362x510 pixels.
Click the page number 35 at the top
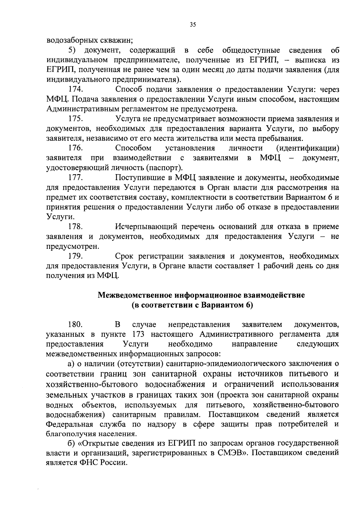193,25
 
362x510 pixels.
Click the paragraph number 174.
76,89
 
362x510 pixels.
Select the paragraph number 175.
76,119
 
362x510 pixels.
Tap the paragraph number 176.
76,148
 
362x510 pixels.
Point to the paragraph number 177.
76,178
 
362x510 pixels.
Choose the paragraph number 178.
76,227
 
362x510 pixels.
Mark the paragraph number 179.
76,256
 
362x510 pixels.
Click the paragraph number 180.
76,324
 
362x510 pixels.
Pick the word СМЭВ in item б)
230,453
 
